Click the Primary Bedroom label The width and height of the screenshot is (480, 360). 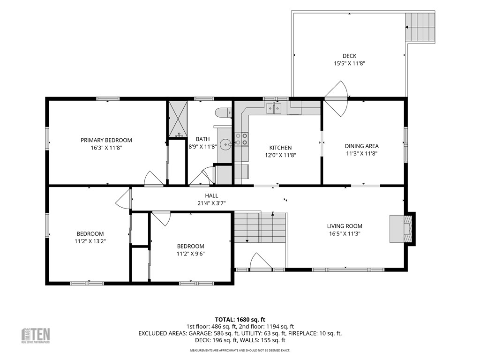coord(106,140)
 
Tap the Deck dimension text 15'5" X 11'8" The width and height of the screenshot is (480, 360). coord(349,63)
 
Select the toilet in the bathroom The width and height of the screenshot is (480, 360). coord(224,112)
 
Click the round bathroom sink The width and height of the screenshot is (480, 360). coord(226,143)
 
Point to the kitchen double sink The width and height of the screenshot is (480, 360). coord(274,108)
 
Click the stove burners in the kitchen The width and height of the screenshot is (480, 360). coord(241,139)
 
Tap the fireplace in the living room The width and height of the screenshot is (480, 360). coord(402,229)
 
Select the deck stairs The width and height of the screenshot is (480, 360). coord(420,27)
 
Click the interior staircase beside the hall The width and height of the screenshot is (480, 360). coord(260,227)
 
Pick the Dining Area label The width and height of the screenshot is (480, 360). coord(361,146)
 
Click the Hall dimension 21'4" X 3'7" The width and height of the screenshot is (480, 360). coord(211,202)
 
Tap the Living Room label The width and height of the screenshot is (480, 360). coord(345,226)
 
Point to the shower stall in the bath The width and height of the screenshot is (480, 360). coord(178,119)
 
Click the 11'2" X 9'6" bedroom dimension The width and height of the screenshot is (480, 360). coord(190,254)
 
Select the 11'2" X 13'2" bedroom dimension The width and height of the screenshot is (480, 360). coord(90,241)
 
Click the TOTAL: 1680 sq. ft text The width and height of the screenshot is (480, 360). coord(240,320)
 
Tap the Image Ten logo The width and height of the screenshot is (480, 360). coord(36,336)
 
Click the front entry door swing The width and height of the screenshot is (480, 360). coord(261,261)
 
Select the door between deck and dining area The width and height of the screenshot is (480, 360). coord(337,98)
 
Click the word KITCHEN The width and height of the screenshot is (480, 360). coord(280,148)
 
